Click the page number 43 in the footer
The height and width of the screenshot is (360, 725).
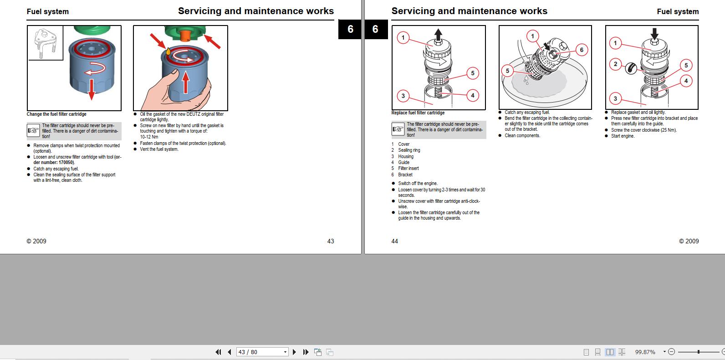331,241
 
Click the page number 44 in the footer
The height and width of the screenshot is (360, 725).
394,241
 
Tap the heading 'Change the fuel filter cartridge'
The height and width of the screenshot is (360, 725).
56,114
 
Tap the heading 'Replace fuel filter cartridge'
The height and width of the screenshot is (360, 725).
418,113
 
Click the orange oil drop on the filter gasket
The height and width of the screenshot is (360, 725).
168,51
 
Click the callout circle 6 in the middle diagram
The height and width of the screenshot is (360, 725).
582,50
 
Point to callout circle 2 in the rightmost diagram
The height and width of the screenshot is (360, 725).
615,64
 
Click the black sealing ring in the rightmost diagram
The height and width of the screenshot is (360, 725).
631,68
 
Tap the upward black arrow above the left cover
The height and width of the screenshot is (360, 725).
438,34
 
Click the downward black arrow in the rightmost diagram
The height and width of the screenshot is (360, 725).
654,34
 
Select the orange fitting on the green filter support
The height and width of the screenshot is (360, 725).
185,36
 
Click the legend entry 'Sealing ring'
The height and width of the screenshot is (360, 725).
409,150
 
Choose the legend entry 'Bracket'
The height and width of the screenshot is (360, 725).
405,175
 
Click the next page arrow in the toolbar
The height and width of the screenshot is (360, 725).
294,352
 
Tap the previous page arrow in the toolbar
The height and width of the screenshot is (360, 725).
230,352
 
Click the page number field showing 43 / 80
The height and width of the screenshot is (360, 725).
262,352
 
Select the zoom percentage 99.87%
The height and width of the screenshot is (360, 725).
645,352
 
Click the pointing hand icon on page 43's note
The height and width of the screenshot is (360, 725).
33,130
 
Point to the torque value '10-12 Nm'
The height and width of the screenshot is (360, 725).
149,137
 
